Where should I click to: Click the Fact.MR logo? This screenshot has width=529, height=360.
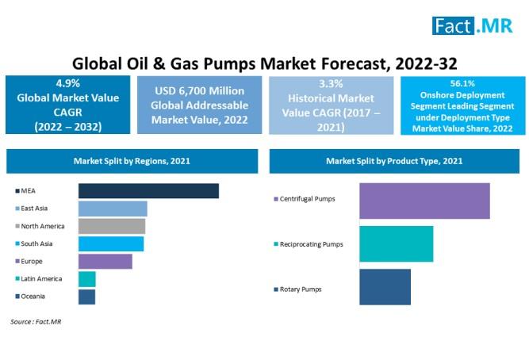coord(473,25)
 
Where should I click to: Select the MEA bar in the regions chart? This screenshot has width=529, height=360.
coord(148,190)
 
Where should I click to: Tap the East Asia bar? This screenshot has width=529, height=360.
coord(113,209)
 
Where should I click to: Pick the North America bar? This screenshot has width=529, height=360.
coord(112,226)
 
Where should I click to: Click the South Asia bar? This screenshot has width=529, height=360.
coord(111,243)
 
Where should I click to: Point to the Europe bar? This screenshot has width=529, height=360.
coord(105,261)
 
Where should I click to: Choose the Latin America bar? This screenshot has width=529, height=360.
coord(87,279)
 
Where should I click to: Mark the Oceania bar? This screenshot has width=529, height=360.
coord(86,297)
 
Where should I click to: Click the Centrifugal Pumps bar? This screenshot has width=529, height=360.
coord(424,201)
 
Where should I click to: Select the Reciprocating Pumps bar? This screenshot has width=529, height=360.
coord(396,244)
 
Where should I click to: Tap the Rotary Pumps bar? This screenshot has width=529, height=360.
coord(385,287)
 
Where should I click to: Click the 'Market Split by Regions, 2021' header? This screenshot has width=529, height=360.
coord(132,161)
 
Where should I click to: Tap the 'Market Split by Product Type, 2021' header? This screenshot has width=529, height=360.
coord(394,161)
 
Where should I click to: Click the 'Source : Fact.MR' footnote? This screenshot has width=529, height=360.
coord(36,322)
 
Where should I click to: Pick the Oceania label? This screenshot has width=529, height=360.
coord(33,297)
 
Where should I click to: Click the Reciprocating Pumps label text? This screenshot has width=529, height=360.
coord(311,244)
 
